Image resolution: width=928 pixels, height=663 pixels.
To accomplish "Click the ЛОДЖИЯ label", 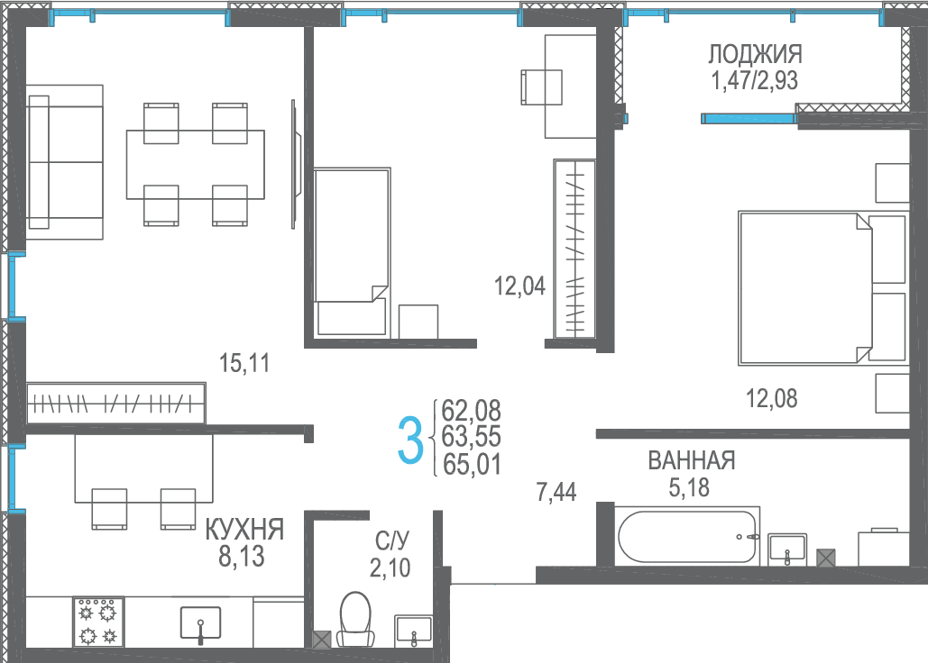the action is pyautogui.click(x=755, y=54).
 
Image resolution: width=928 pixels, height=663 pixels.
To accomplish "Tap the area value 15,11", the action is pyautogui.click(x=244, y=363).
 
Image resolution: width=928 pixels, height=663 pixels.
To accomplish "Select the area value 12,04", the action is pyautogui.click(x=519, y=286).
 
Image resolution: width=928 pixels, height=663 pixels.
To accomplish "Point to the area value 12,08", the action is pyautogui.click(x=771, y=399).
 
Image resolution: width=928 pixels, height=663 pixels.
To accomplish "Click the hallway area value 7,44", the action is pyautogui.click(x=556, y=492).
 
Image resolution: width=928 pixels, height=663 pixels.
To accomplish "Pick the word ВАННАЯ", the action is pyautogui.click(x=691, y=460).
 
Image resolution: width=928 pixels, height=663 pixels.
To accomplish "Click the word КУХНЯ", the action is pyautogui.click(x=244, y=530).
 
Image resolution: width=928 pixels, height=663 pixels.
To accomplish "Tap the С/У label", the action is pyautogui.click(x=391, y=540).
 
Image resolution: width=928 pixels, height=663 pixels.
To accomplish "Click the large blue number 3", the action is pyautogui.click(x=410, y=440).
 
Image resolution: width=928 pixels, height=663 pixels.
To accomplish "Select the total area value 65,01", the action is pyautogui.click(x=472, y=465).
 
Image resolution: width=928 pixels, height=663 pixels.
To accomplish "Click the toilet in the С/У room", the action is pyautogui.click(x=355, y=619).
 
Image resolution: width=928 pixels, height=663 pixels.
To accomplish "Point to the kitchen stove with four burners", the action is pyautogui.click(x=98, y=621).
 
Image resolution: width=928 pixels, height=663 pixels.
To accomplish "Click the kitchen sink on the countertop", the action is pyautogui.click(x=200, y=623).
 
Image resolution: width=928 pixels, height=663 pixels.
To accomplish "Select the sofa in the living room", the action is pyautogui.click(x=65, y=162).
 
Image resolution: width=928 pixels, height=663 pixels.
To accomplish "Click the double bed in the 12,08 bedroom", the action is pyautogui.click(x=822, y=287).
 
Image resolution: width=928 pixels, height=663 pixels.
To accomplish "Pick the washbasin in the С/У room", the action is pyautogui.click(x=414, y=631).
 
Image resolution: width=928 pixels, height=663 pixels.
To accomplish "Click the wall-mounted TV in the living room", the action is pyautogui.click(x=295, y=164).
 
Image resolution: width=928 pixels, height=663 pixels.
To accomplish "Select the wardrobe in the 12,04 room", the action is pyautogui.click(x=574, y=249).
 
